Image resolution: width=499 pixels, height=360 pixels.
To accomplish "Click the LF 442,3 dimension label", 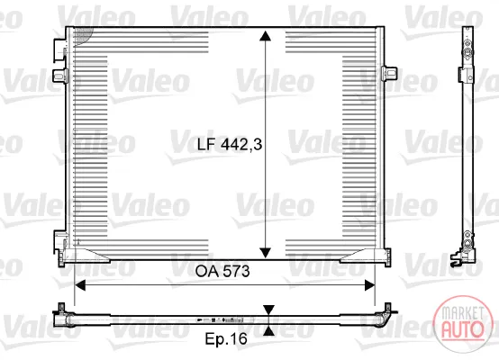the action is click(230, 144).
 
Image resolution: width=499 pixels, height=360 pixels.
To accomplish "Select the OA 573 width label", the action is click(222, 271).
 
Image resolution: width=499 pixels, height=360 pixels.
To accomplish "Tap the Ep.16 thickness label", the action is click(226, 339).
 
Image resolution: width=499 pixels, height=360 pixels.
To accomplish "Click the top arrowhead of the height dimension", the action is click(265, 36).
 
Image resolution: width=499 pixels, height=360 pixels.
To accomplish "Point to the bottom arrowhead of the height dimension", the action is click(265, 253).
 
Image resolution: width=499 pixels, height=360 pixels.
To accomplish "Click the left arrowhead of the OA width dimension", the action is click(80, 285).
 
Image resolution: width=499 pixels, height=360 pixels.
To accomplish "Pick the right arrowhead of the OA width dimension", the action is click(369, 285).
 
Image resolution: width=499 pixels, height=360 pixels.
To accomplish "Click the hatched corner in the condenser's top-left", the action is click(82, 36).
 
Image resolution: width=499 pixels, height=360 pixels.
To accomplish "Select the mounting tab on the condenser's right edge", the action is click(389, 74).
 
